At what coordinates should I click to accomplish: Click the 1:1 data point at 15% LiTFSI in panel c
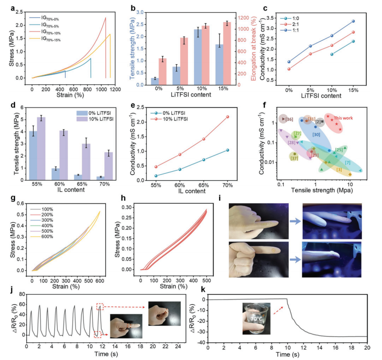point(353,21)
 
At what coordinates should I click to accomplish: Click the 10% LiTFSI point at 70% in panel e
point(228,117)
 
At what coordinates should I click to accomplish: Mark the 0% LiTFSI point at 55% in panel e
point(156,176)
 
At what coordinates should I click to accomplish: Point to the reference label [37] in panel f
point(295,158)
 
